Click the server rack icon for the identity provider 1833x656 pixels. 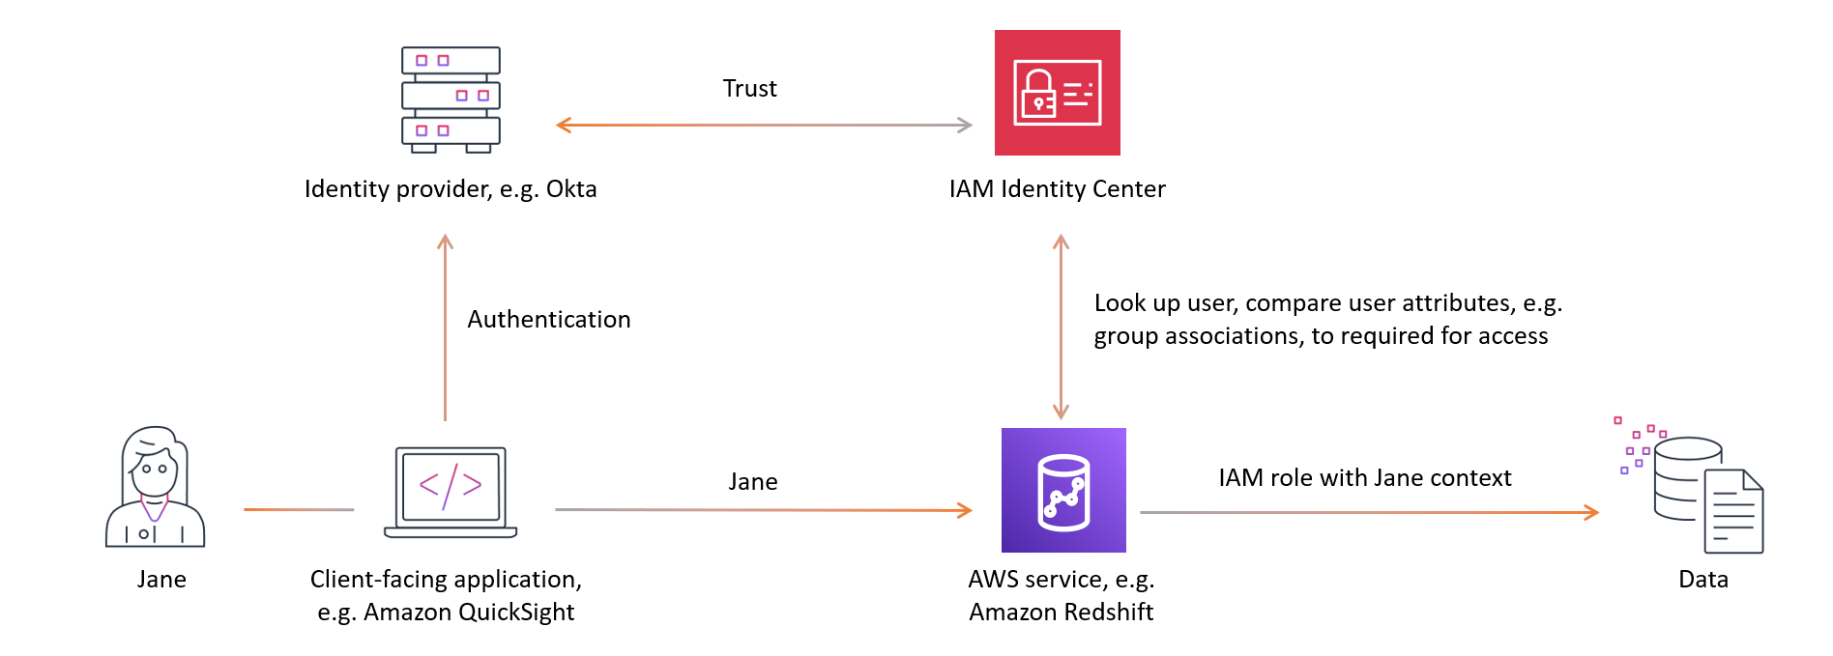(x=451, y=100)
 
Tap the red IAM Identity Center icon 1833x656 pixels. (x=1057, y=93)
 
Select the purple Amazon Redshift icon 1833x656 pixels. (x=1063, y=490)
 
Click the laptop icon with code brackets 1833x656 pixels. (x=451, y=492)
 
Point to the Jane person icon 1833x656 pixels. (x=155, y=488)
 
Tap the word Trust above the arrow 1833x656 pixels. (x=749, y=89)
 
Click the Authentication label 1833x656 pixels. (x=548, y=320)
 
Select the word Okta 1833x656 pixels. (x=571, y=189)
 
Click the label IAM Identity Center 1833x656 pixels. (x=1057, y=189)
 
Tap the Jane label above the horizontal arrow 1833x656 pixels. (x=752, y=482)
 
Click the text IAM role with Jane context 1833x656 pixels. (x=1364, y=478)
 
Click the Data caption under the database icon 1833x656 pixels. (x=1702, y=580)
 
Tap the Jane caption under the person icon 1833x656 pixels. (x=161, y=580)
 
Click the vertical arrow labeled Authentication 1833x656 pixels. (x=445, y=328)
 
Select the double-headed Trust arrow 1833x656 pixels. (x=764, y=125)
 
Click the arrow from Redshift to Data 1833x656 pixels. (x=1368, y=512)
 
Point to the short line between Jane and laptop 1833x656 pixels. (x=299, y=509)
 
